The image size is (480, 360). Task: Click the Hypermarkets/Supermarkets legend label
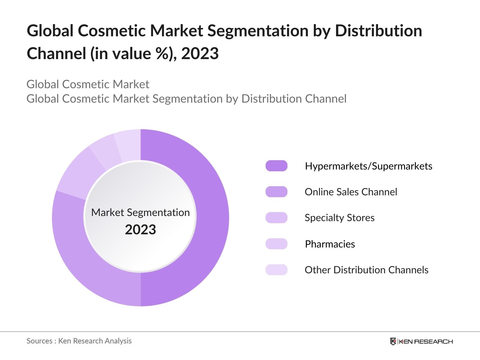tap(368, 166)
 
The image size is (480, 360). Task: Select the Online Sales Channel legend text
tap(351, 192)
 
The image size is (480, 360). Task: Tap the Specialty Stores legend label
tap(339, 218)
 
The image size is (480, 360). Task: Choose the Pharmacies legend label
tap(330, 244)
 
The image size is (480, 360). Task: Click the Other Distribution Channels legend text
tap(366, 270)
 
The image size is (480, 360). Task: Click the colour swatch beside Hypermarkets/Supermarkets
tap(276, 166)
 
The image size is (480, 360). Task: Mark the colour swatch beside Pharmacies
tap(276, 244)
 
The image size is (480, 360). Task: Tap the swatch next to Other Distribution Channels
tap(276, 270)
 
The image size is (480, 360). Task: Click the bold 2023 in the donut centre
tap(140, 230)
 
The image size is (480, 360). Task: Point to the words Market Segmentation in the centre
tap(140, 212)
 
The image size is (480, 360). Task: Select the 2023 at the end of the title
tap(200, 54)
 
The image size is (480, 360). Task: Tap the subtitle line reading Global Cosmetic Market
tap(88, 84)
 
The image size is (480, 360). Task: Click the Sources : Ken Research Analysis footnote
tap(79, 341)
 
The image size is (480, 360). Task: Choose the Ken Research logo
tap(421, 341)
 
